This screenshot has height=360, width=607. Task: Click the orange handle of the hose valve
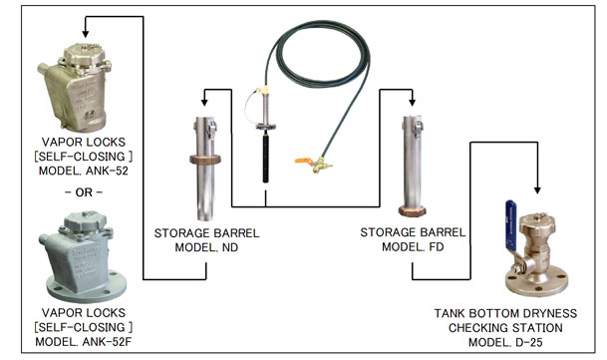coord(303,161)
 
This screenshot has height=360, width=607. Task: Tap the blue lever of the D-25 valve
coord(511,224)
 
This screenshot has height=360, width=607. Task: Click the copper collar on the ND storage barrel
coord(205,160)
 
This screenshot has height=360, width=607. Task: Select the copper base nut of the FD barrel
coord(413,211)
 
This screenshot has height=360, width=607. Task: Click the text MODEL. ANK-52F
coord(84,342)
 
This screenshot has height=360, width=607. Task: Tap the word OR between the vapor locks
coord(84,192)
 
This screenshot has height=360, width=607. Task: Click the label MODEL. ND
coord(206,247)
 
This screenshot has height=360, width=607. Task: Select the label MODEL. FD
coord(413,247)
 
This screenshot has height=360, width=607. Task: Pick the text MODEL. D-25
coord(505,343)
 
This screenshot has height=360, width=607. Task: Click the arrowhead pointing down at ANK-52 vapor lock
coord(86,34)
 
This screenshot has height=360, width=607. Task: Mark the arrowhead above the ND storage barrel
coord(204,103)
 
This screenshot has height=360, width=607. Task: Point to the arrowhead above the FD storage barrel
coord(413,103)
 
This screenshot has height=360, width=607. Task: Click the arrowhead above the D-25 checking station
coord(537,190)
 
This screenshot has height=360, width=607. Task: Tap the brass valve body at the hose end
coord(321,166)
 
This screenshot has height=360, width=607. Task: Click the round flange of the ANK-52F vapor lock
coord(86,287)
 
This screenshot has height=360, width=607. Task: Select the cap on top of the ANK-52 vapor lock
coord(83,54)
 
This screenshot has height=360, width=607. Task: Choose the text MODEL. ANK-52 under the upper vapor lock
coord(84,171)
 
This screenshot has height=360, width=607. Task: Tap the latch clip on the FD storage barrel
coord(419,127)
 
